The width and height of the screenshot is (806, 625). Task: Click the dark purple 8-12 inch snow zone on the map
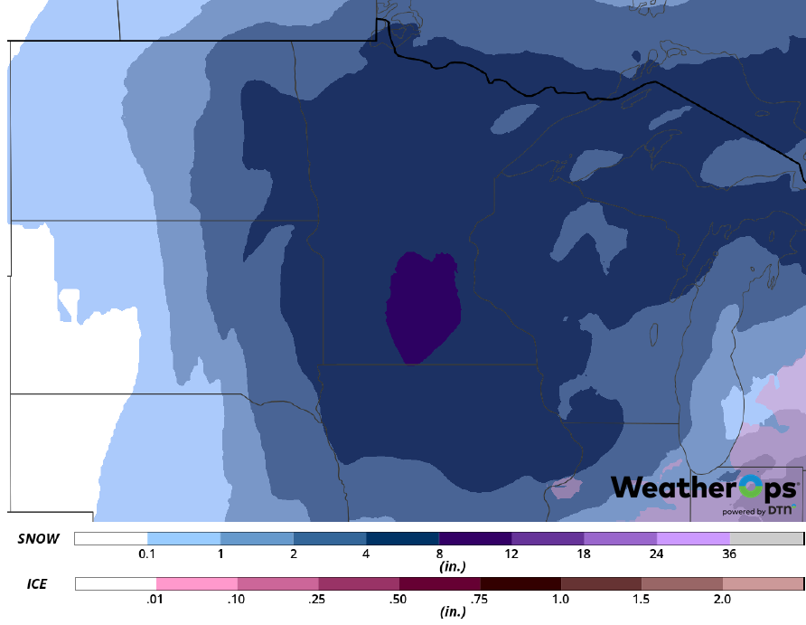click(422, 308)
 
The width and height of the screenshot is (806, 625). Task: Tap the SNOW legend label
click(39, 539)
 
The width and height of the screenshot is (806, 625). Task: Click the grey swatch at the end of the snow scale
click(766, 539)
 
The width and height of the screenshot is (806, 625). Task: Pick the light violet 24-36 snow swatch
click(693, 539)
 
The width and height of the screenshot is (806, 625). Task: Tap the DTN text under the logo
click(780, 511)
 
